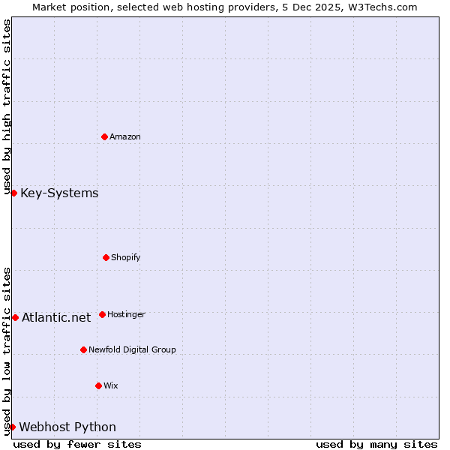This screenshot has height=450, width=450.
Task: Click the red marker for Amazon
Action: (x=104, y=136)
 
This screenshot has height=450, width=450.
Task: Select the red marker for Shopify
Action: (x=106, y=257)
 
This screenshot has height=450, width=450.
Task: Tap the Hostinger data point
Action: (x=102, y=314)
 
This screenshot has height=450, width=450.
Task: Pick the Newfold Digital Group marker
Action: (x=83, y=349)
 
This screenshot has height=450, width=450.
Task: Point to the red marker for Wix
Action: (x=98, y=385)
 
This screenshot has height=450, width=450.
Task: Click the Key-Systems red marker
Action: (x=13, y=193)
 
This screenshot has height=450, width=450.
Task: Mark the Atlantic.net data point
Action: (x=15, y=317)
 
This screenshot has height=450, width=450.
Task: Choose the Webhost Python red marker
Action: (x=12, y=427)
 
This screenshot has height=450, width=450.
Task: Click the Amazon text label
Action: (x=125, y=136)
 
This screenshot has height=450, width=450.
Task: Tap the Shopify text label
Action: (x=126, y=257)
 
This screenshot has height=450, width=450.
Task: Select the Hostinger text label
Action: (x=126, y=314)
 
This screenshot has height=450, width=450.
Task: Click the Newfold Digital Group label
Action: (x=132, y=349)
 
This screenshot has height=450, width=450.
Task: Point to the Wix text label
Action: (x=111, y=385)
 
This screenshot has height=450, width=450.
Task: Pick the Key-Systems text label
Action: (x=59, y=193)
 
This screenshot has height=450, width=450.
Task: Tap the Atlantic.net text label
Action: (x=56, y=317)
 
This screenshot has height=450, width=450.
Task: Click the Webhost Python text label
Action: (x=67, y=427)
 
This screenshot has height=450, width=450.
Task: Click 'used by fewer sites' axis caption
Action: (x=77, y=444)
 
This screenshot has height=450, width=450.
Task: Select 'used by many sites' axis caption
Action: (x=376, y=444)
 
